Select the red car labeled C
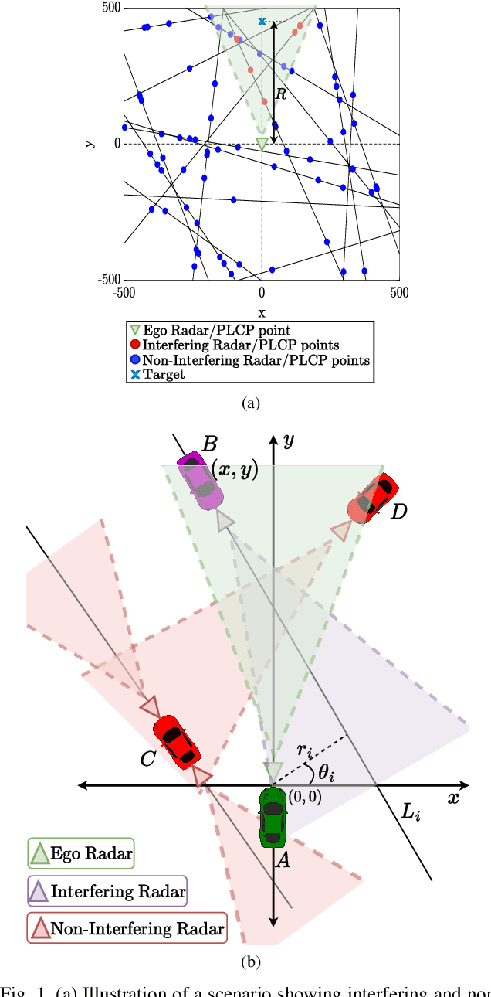(178, 741)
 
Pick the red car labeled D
(373, 499)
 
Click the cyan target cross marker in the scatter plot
(262, 22)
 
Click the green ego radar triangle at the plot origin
(262, 144)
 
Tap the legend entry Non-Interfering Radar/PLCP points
(249, 360)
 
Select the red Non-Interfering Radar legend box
(127, 928)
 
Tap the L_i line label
(411, 812)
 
